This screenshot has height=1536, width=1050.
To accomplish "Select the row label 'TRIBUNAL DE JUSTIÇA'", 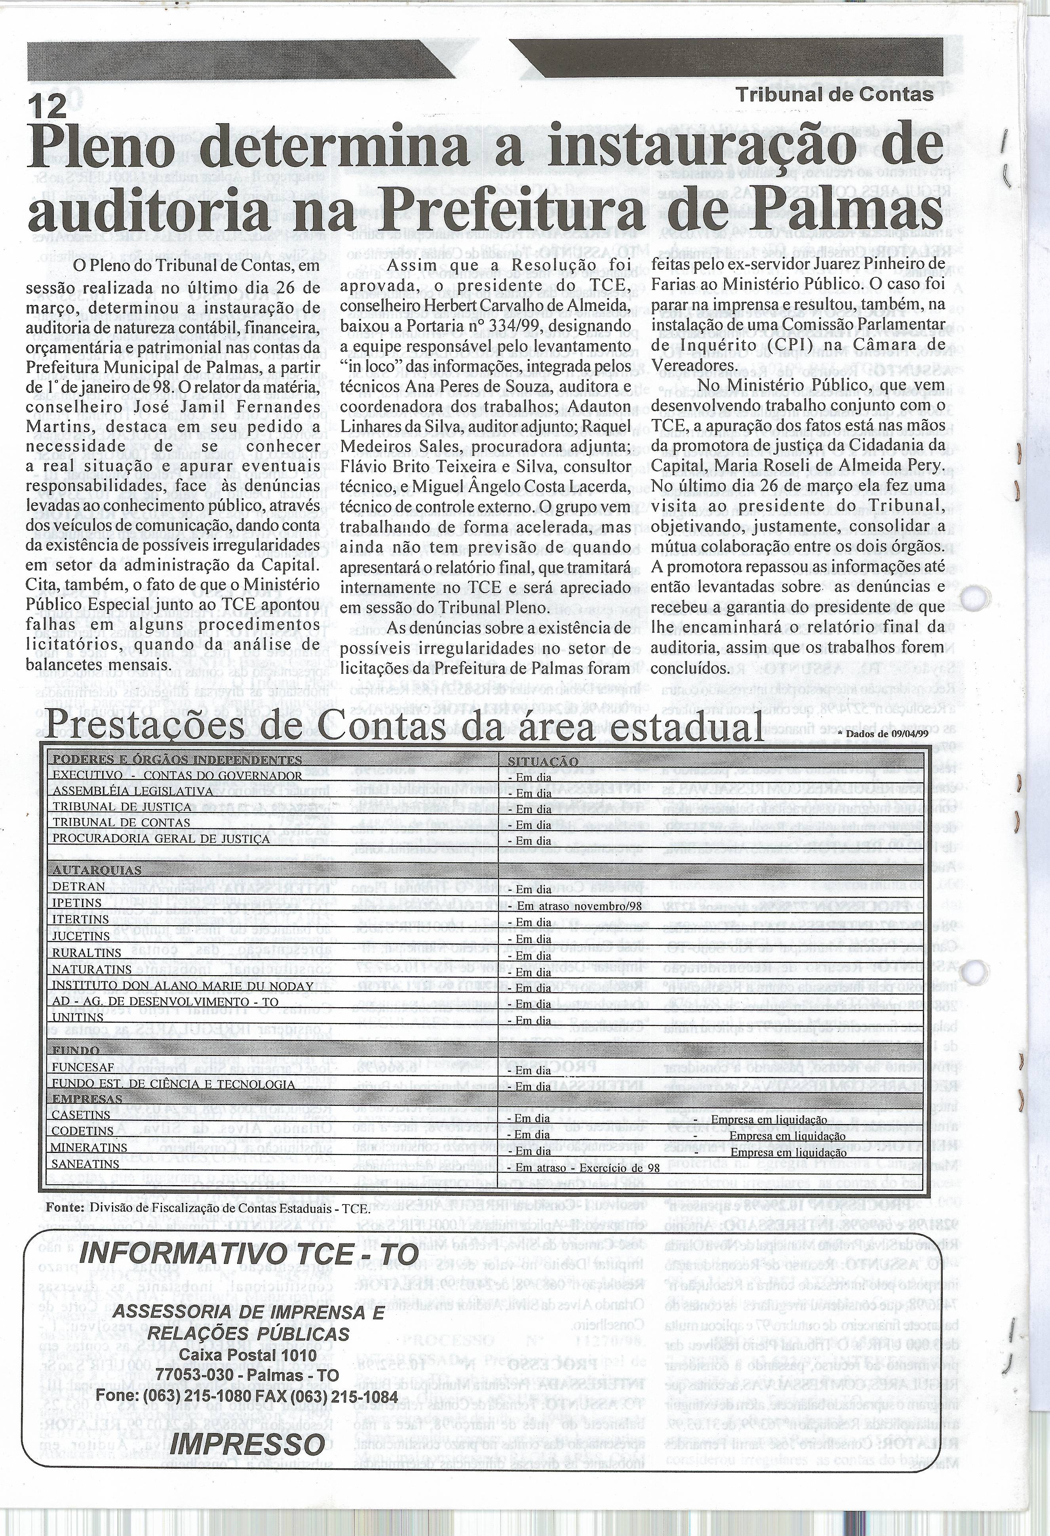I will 122,807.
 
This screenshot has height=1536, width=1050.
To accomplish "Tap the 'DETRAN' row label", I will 79,887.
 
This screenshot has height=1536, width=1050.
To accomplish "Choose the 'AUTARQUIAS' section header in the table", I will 88,871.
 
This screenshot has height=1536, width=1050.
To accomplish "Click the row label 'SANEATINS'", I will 86,1164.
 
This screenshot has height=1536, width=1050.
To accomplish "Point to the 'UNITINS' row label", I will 78,1018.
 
